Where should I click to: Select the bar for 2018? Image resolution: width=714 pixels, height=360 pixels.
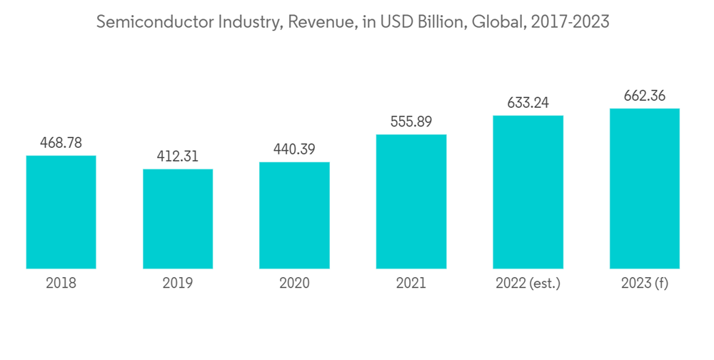pyautogui.click(x=61, y=212)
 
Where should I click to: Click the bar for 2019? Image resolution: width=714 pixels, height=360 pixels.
pyautogui.click(x=178, y=219)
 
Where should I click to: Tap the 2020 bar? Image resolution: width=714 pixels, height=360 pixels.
pyautogui.click(x=294, y=215)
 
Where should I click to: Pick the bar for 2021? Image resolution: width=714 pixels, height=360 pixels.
pyautogui.click(x=411, y=201)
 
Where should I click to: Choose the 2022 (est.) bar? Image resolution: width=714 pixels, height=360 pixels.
pyautogui.click(x=528, y=192)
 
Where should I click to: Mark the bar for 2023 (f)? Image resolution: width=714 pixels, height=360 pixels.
pyautogui.click(x=644, y=189)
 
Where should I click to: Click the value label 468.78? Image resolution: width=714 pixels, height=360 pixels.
pyautogui.click(x=61, y=143)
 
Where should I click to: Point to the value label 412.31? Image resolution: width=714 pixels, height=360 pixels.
pyautogui.click(x=178, y=156)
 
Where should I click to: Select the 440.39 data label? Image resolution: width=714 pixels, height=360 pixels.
pyautogui.click(x=294, y=149)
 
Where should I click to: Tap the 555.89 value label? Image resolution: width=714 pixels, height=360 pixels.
pyautogui.click(x=411, y=122)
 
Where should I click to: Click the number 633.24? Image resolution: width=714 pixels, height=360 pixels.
pyautogui.click(x=528, y=103)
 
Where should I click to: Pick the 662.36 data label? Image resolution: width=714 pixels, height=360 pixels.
pyautogui.click(x=644, y=96)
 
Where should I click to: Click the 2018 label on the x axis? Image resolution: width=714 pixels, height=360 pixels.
pyautogui.click(x=61, y=283)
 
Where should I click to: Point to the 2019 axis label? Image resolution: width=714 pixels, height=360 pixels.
pyautogui.click(x=178, y=283)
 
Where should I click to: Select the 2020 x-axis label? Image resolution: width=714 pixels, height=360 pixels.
pyautogui.click(x=294, y=283)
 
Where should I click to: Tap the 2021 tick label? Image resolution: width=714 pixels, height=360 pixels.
pyautogui.click(x=411, y=283)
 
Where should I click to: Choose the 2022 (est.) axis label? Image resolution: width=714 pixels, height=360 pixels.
pyautogui.click(x=528, y=284)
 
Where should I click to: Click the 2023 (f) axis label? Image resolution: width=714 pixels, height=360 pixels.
pyautogui.click(x=644, y=284)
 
